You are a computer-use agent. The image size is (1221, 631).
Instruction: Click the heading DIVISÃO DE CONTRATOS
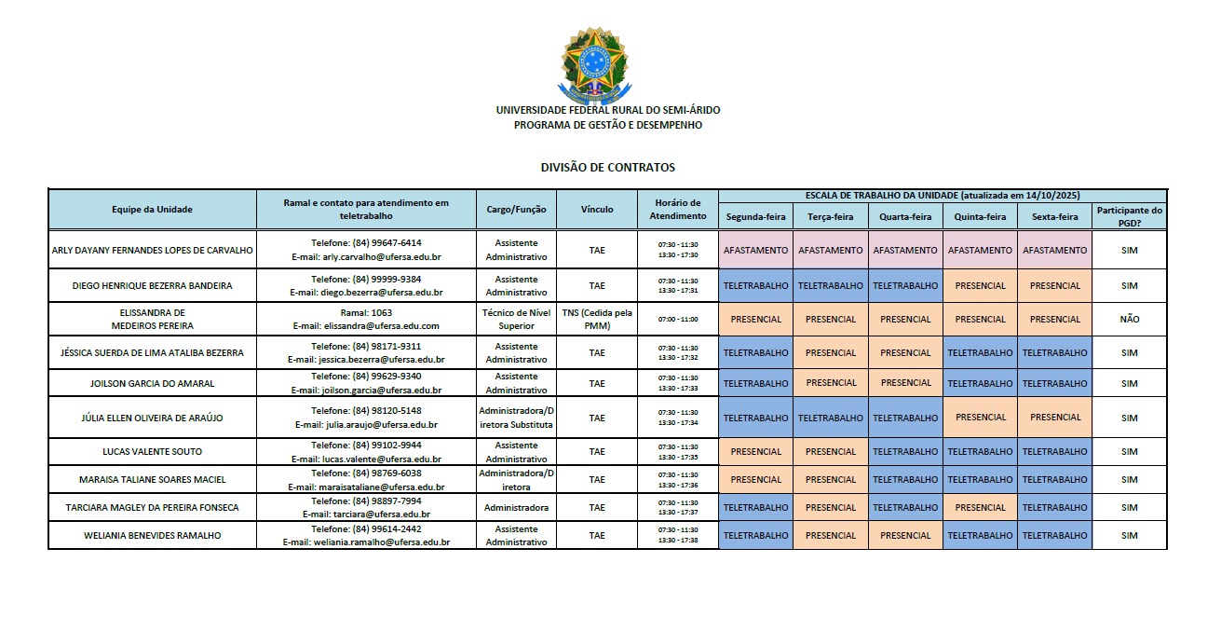click(607, 168)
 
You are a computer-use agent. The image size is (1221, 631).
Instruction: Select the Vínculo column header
click(597, 210)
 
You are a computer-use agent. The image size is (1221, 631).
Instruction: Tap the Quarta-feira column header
click(905, 217)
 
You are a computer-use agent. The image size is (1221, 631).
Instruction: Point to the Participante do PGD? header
click(1129, 217)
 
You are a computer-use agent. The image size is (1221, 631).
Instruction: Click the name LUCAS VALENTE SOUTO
click(152, 452)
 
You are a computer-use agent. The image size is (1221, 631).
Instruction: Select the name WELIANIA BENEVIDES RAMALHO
click(152, 536)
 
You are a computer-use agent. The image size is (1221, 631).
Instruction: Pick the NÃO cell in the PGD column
click(1129, 319)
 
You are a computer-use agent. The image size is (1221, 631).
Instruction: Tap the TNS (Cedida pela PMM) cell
click(597, 319)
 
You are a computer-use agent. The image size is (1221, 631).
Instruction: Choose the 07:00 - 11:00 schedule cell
click(678, 319)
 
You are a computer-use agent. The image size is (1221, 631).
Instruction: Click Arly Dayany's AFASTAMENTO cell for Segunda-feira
click(755, 251)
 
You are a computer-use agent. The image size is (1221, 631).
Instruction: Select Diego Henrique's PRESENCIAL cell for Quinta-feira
click(980, 286)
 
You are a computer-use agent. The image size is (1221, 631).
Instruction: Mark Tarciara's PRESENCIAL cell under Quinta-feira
click(980, 508)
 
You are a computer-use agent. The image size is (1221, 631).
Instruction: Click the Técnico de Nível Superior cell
click(516, 319)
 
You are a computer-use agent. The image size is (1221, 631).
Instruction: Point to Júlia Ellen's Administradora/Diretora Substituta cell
click(516, 418)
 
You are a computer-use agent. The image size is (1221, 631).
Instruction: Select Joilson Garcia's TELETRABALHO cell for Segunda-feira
click(755, 383)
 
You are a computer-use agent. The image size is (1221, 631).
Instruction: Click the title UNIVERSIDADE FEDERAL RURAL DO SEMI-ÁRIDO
click(607, 110)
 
